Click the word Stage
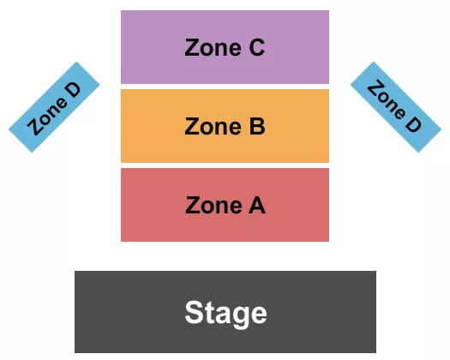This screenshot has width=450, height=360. tap(225, 313)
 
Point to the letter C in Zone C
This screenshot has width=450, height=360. tap(255, 48)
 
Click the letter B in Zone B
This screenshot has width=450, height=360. tap(256, 127)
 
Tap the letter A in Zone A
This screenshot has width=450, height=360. tap(256, 206)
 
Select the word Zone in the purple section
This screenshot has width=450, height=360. tap(209, 48)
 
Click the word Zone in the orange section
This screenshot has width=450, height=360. tap(209, 127)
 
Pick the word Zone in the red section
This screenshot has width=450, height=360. tap(210, 206)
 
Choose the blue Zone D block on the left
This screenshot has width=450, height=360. tap(55, 107)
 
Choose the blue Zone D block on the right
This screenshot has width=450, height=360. tap(396, 107)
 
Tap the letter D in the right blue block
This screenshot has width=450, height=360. tap(412, 123)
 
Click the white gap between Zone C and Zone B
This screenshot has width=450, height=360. tap(225, 86)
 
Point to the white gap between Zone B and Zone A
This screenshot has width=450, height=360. tap(225, 165)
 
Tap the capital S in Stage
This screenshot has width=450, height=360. tap(195, 313)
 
